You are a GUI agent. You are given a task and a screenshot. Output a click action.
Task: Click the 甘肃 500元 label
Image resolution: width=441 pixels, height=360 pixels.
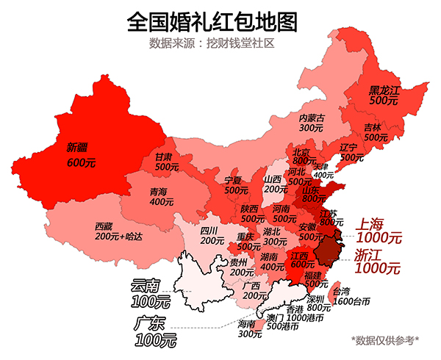point(167,162)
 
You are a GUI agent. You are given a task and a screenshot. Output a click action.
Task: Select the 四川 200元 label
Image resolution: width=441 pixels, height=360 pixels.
point(212,235)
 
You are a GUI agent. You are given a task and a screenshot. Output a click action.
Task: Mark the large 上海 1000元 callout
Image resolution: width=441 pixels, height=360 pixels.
point(379,231)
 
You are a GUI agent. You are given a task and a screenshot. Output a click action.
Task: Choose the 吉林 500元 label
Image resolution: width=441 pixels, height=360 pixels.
point(376,132)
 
